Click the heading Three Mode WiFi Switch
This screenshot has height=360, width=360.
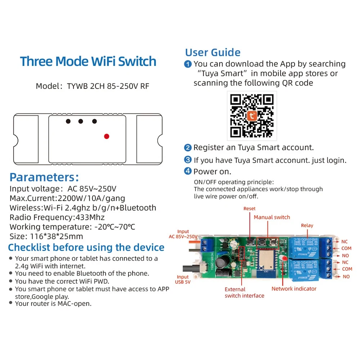88,61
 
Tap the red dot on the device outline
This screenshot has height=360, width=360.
106,136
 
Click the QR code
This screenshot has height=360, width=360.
252,115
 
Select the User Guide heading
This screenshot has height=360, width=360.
212,53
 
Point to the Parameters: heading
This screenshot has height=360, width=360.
44,177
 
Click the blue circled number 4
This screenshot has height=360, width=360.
188,171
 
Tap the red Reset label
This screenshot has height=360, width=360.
249,208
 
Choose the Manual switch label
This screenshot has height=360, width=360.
271,217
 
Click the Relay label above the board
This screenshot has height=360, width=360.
307,225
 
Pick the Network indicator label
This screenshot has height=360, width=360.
294,289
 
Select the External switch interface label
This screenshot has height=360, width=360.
244,292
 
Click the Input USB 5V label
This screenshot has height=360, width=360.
183,279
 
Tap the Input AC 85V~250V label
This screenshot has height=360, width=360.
183,234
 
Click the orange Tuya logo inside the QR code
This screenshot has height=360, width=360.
252,115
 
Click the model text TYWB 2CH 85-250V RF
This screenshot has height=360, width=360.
108,86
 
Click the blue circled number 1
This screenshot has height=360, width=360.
188,64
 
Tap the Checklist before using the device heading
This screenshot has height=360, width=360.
86,247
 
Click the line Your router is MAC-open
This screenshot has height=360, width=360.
53,303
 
